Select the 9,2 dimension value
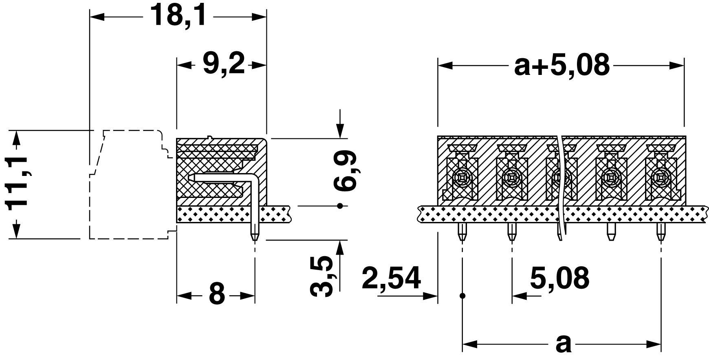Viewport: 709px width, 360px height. [x=224, y=64]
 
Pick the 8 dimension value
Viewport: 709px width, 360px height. [x=216, y=294]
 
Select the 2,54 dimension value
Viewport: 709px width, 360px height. [x=391, y=278]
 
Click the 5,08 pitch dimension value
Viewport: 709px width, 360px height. [x=559, y=278]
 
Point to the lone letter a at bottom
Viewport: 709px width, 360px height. [x=564, y=345]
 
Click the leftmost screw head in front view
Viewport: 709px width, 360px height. [x=462, y=178]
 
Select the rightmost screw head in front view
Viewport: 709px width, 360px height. [x=660, y=178]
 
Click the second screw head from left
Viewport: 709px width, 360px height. [x=511, y=178]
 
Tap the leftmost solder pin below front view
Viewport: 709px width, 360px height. [x=462, y=232]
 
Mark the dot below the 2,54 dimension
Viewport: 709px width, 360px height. [x=462, y=295]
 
